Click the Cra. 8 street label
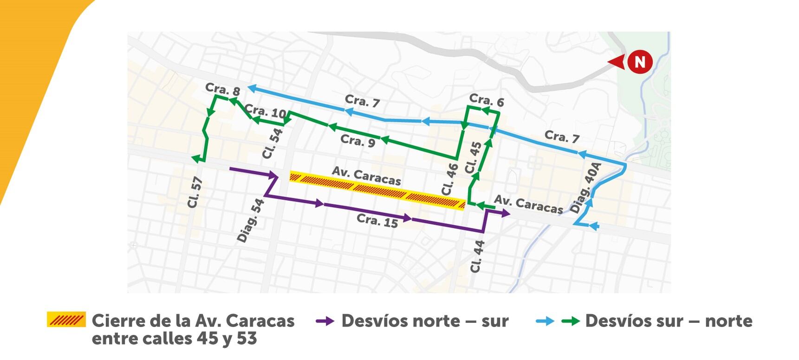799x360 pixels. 222,89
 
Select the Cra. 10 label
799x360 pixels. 265,111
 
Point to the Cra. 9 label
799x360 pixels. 357,140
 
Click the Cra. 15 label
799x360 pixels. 377,221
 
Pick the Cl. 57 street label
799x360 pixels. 195,192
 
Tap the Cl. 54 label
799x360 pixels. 272,144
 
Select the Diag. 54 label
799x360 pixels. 251,221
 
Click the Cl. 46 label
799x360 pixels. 449,179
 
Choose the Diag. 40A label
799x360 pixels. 585,188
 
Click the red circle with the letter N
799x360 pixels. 640,62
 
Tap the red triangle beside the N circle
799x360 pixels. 617,62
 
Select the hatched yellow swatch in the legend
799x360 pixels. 66,320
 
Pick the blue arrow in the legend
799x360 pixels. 545,321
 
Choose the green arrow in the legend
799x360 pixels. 570,321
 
